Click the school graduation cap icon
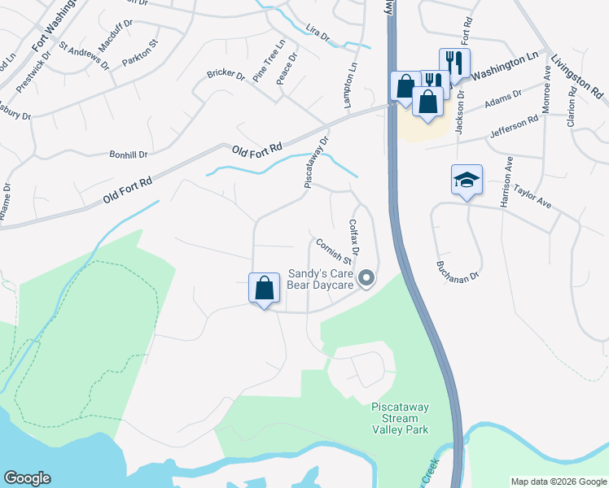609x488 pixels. (x=467, y=180)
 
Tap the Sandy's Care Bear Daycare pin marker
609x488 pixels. (x=366, y=279)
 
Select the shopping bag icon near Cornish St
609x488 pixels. (x=264, y=288)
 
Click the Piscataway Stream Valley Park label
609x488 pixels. (x=400, y=417)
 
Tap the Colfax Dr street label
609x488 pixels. (x=353, y=236)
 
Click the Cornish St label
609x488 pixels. (x=334, y=251)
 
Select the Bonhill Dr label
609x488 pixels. (x=129, y=154)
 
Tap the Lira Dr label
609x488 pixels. (x=318, y=37)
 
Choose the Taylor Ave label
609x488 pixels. (x=532, y=196)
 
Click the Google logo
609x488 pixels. (x=27, y=478)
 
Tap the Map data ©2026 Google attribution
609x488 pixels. (x=558, y=481)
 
